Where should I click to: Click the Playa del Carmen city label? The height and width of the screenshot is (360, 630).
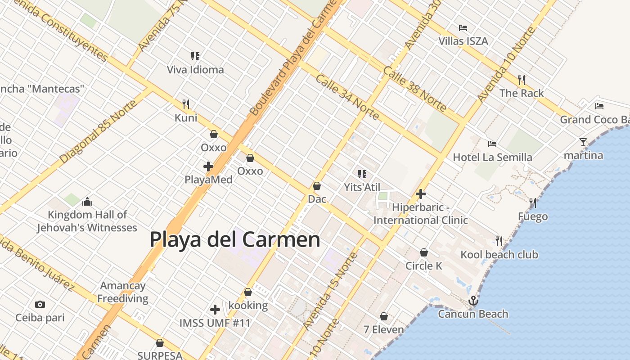click(235, 239)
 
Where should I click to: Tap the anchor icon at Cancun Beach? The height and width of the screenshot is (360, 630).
click(473, 300)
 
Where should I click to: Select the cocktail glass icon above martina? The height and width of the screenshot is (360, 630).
click(583, 142)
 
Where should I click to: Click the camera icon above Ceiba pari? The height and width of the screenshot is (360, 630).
click(40, 304)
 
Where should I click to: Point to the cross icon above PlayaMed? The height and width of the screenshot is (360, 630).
click(208, 166)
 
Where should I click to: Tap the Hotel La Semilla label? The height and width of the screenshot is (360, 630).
click(492, 157)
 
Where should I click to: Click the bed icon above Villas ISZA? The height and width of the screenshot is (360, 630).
click(463, 28)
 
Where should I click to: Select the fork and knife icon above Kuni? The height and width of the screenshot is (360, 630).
click(186, 104)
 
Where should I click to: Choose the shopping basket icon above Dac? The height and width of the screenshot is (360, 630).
click(317, 185)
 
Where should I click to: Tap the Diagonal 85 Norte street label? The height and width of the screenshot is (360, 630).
click(98, 132)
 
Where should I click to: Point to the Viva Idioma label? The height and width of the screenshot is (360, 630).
click(195, 70)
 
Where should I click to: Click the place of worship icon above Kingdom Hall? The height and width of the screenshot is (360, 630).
click(87, 201)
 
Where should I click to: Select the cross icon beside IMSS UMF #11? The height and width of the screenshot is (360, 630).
click(215, 310)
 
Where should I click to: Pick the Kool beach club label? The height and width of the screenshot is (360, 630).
click(499, 255)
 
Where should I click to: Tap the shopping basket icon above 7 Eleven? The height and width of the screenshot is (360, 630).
click(384, 317)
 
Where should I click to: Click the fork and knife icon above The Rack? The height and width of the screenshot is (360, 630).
click(522, 80)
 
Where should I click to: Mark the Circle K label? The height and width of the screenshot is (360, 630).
click(424, 265)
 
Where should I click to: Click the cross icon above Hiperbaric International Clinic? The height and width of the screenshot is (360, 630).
click(421, 194)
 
